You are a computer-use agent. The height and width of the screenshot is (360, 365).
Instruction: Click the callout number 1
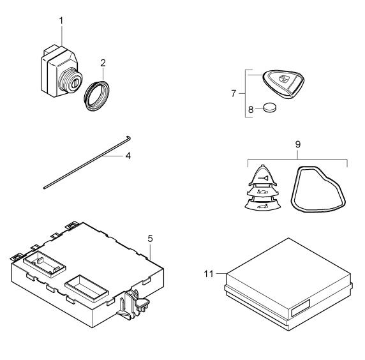point(61,20)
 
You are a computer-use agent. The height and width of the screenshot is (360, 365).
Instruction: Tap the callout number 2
point(103,63)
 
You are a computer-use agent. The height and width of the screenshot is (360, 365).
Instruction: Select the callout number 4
point(128,156)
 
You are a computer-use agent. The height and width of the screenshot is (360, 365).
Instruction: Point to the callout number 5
point(150,239)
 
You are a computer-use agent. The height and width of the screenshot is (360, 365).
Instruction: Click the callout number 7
point(234,93)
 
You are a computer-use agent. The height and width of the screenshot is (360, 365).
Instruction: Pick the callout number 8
point(251,109)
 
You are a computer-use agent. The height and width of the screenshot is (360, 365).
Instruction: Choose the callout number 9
point(298,144)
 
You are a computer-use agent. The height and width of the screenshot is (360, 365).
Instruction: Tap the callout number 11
point(209,274)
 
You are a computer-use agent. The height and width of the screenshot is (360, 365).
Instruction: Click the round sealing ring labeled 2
point(96,96)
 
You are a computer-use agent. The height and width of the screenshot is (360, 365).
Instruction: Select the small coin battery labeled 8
point(270,108)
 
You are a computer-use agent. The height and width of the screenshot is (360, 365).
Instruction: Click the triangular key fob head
point(283,84)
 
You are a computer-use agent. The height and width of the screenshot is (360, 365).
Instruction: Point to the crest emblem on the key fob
point(283,79)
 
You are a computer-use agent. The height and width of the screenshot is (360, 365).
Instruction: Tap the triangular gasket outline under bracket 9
point(318,189)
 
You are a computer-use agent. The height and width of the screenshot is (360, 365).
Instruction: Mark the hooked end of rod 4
point(128,138)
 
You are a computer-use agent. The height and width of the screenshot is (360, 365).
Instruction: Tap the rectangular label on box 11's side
point(301,308)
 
